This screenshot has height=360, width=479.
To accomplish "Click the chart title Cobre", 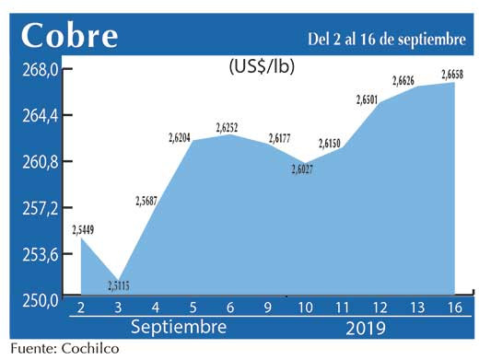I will (70, 36).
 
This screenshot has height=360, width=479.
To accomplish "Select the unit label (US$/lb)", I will (261, 66).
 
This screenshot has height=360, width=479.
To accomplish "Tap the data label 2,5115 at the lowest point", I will (118, 285).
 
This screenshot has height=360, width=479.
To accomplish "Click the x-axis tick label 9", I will (268, 307).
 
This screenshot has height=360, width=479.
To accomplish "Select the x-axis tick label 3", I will (117, 307).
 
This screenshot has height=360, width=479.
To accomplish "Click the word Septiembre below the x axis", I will (179, 328).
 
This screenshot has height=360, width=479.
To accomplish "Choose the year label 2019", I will (367, 328).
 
